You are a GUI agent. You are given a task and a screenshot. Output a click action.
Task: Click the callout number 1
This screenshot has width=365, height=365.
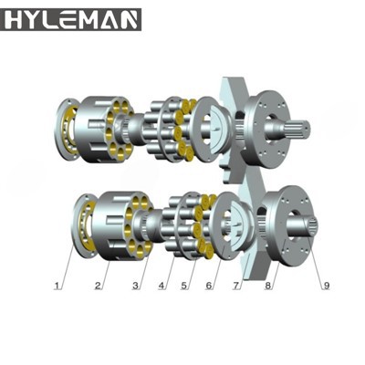(x=59, y=286)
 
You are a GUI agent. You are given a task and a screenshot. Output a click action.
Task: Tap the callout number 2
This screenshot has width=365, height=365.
(x=97, y=286)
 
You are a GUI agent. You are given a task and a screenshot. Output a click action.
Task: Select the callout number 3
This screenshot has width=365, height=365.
(x=136, y=286)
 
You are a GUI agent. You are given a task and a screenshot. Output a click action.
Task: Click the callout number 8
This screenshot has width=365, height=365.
(x=267, y=286)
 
